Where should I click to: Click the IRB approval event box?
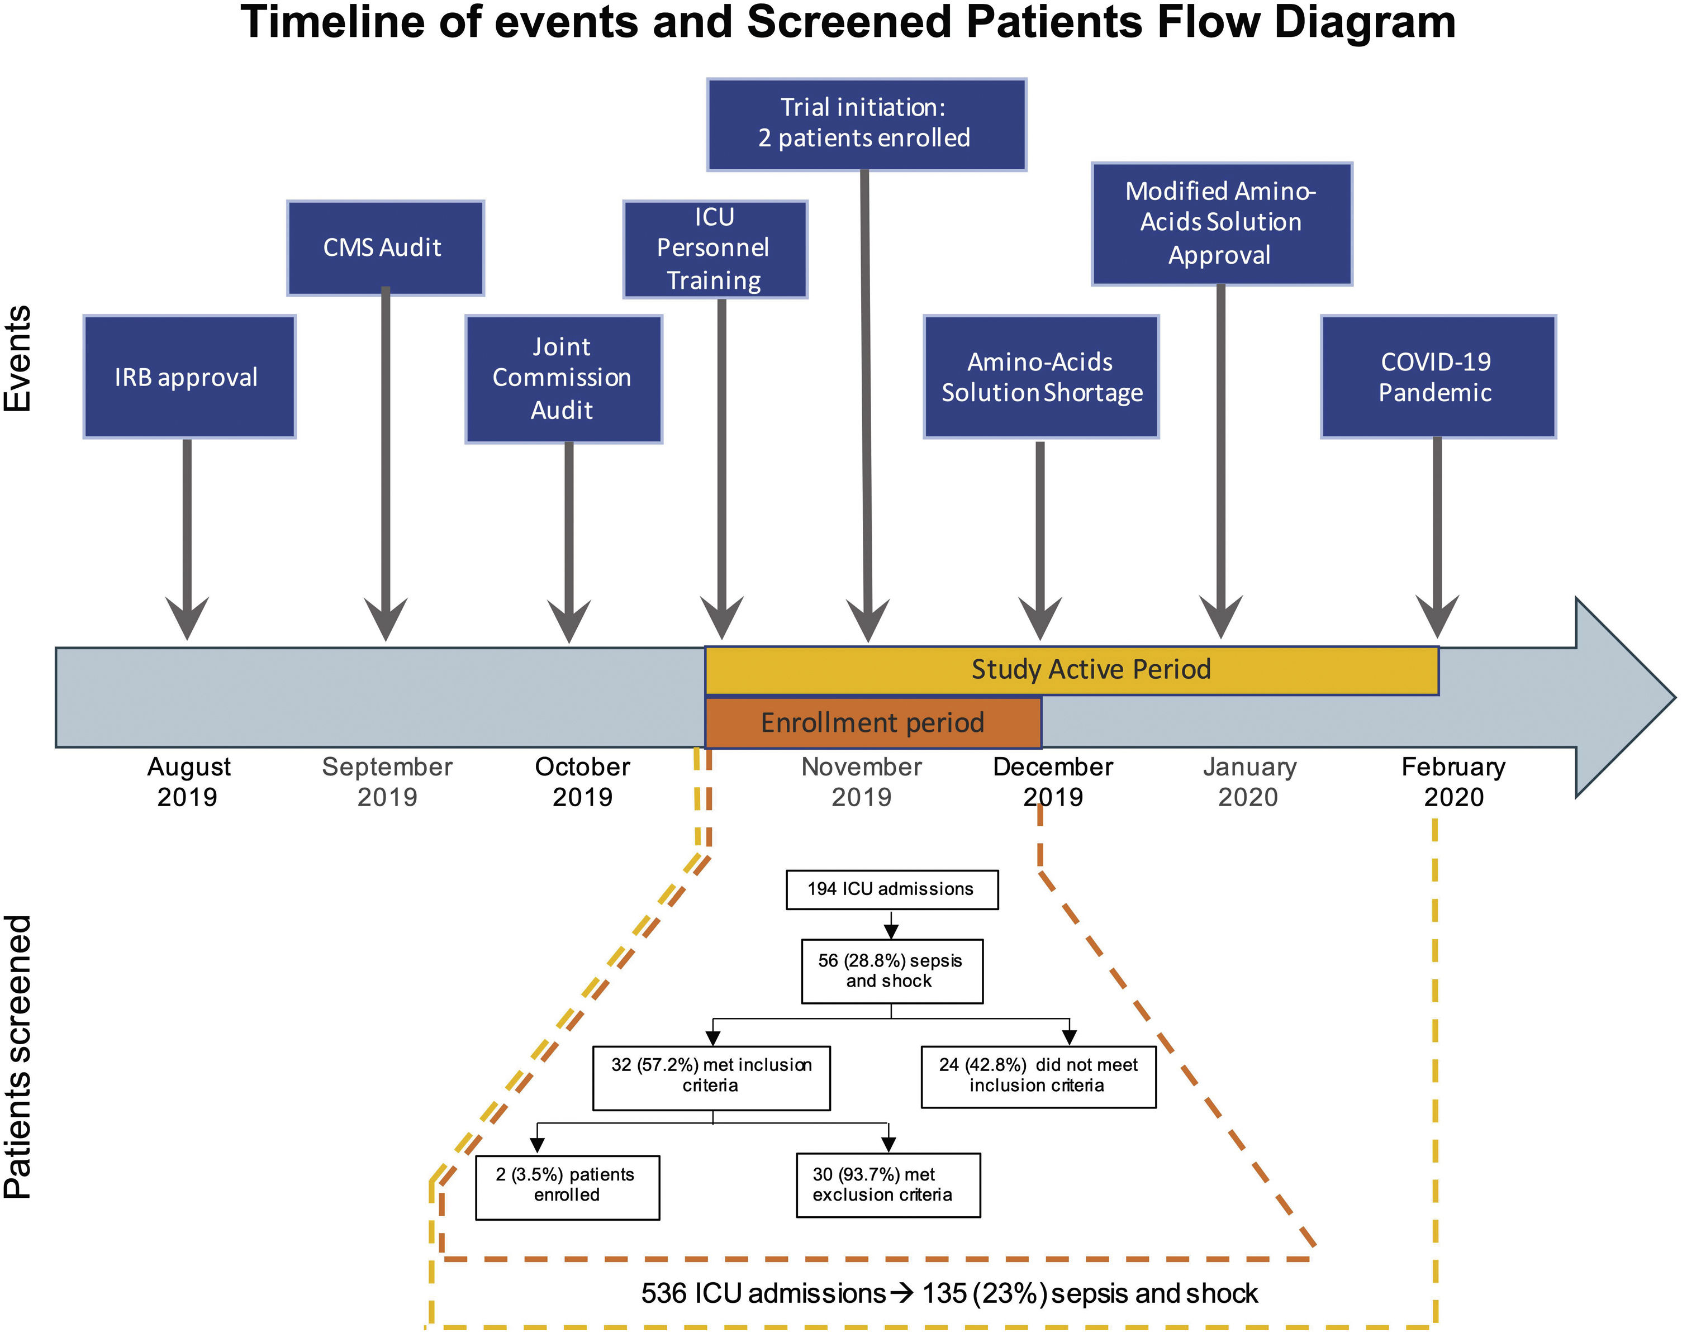tap(189, 377)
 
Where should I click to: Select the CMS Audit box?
tap(386, 248)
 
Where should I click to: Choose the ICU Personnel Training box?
tap(715, 249)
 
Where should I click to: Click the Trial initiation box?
tap(866, 124)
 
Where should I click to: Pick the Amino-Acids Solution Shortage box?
tap(1040, 377)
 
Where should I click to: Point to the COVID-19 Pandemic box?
tap(1438, 377)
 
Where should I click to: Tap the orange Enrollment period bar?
tap(872, 723)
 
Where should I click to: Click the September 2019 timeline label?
tap(387, 782)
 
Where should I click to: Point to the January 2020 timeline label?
tap(1249, 782)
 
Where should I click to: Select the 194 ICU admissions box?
tap(891, 889)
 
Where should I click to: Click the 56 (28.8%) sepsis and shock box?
tap(891, 971)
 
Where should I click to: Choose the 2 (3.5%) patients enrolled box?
tap(567, 1187)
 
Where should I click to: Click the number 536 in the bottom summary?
tap(664, 1293)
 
